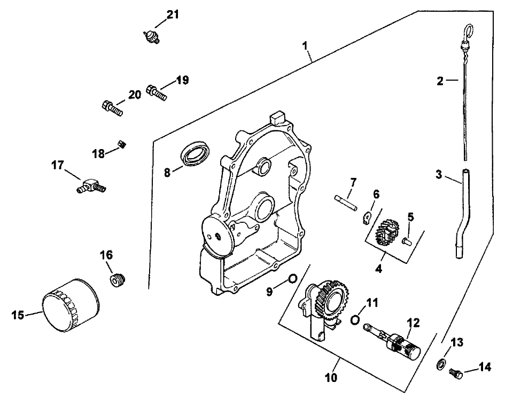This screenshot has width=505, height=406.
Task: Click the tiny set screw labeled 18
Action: coord(122,143)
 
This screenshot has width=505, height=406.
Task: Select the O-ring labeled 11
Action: coord(354,319)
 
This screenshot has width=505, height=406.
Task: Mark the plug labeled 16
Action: coord(118,280)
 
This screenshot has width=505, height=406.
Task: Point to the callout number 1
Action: coord(307,45)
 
